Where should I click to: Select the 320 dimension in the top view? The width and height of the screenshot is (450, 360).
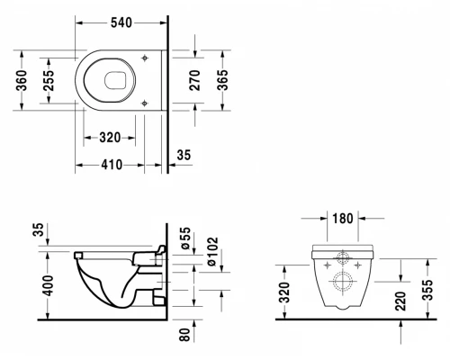(109, 139)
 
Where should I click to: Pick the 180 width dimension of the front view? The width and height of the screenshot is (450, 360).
(343, 217)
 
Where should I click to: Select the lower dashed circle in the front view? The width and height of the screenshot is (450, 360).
(343, 283)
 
